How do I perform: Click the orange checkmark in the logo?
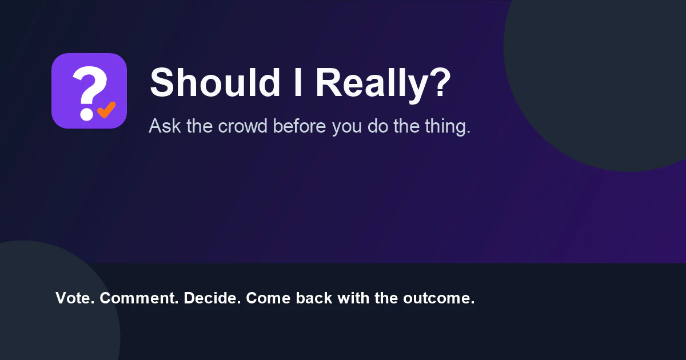[x=106, y=109]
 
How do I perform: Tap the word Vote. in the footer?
[x=75, y=298]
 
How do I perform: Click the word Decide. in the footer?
[x=212, y=298]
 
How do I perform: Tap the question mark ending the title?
[x=440, y=82]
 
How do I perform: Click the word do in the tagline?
[x=378, y=126]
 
